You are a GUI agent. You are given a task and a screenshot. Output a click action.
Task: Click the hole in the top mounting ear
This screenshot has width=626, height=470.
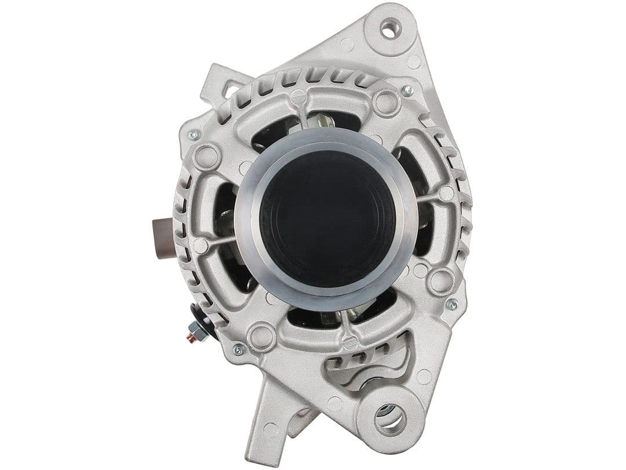(390, 28)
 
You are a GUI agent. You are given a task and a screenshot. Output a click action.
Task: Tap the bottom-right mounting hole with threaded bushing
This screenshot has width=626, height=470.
(390, 420)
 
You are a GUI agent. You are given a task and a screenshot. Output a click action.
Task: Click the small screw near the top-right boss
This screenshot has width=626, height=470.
(407, 91)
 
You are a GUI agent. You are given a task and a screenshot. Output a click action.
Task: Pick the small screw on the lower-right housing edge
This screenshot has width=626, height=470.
(452, 304)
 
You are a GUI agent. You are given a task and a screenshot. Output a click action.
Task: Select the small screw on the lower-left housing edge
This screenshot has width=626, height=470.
(238, 349)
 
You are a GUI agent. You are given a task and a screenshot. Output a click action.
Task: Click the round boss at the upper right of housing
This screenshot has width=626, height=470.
(387, 103)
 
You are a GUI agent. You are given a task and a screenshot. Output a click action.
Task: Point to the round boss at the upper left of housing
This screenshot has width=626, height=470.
(206, 156)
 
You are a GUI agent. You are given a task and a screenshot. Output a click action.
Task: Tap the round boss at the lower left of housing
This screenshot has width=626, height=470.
(261, 336)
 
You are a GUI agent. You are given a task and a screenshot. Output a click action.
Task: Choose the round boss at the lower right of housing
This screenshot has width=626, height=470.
(440, 281)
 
